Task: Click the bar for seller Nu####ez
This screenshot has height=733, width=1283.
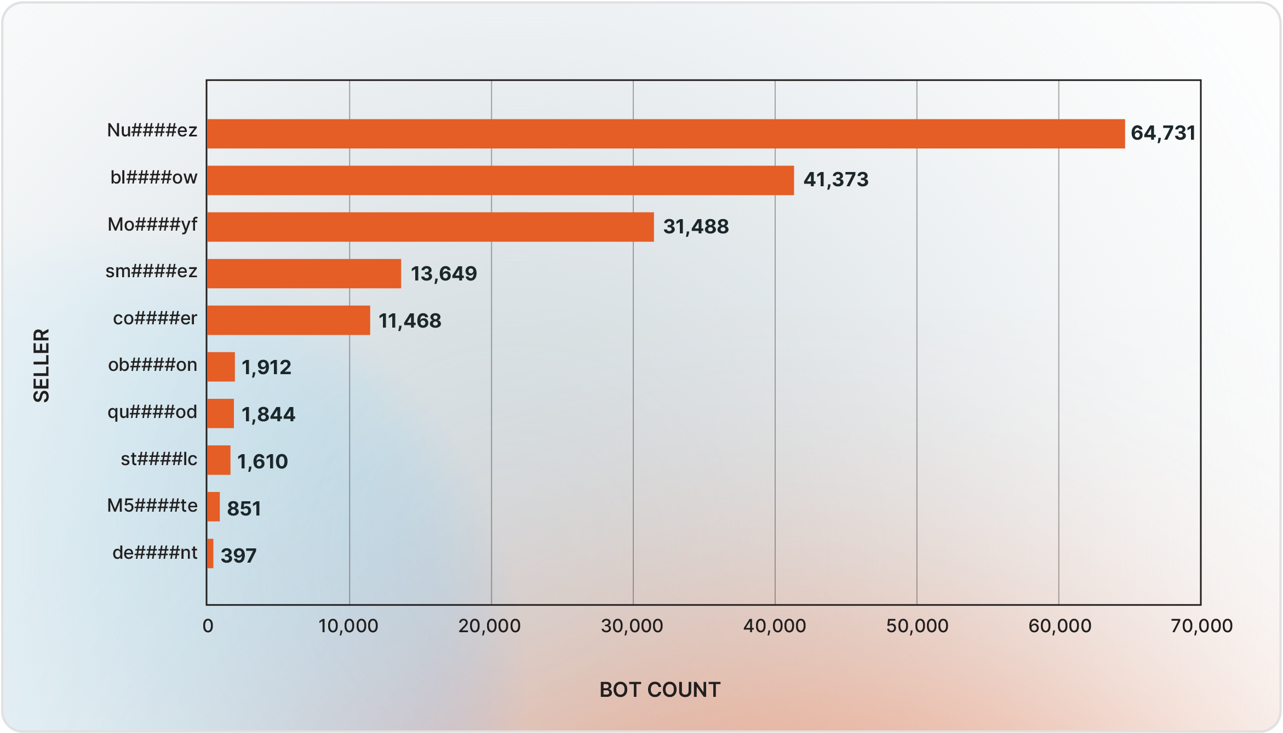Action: click(666, 134)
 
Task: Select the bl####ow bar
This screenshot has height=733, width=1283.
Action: click(500, 180)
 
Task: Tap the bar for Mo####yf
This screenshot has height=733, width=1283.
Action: click(430, 227)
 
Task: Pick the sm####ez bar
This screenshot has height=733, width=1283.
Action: click(304, 273)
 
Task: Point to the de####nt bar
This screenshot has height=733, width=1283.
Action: click(210, 553)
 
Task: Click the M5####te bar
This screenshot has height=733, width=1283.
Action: click(214, 507)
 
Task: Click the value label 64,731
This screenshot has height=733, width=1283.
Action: click(1162, 133)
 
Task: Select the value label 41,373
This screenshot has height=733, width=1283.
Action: click(835, 180)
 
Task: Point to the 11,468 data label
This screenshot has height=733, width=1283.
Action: click(410, 321)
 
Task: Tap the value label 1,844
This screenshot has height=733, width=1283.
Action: click(268, 415)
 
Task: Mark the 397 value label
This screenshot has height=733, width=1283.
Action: click(238, 556)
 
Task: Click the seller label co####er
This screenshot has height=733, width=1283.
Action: click(155, 318)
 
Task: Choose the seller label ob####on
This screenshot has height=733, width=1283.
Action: click(152, 365)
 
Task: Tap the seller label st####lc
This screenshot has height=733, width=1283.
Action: click(159, 459)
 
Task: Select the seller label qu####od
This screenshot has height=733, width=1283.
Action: click(152, 412)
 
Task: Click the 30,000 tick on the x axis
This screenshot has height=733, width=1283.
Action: click(632, 626)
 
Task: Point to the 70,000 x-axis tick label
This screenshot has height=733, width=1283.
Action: click(1201, 626)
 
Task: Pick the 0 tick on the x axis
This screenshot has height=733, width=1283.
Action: click(208, 626)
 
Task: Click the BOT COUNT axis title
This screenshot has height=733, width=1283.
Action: click(660, 690)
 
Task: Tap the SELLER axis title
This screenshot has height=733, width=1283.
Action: click(42, 365)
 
